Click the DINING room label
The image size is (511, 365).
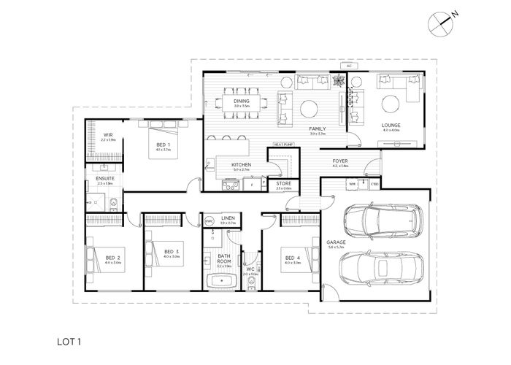pos(242,101)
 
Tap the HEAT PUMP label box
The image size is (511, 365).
pos(284,145)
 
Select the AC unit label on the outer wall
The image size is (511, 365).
pos(349,66)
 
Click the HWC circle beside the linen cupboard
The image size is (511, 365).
pos(208,220)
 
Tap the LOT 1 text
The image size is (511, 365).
pos(69,340)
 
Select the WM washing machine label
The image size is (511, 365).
pos(352,185)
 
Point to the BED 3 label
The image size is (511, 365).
pos(172,252)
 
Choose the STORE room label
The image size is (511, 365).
pos(284,184)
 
